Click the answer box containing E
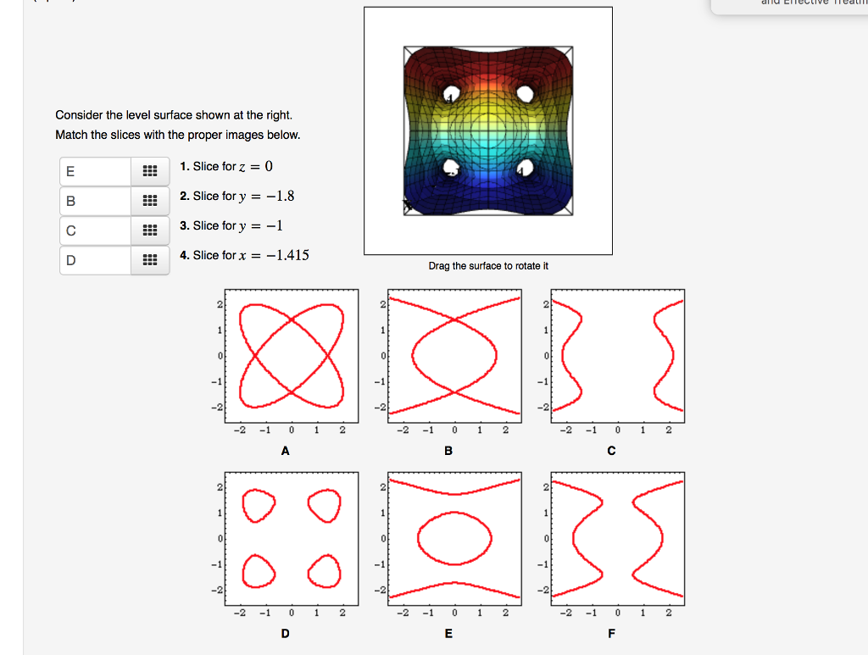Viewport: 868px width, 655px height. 95,171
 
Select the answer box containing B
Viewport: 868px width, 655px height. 95,201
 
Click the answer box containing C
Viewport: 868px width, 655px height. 95,230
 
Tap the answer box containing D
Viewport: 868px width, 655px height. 95,259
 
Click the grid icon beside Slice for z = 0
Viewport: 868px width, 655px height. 149,171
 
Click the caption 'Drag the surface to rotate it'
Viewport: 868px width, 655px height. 488,266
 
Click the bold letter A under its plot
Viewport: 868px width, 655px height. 286,452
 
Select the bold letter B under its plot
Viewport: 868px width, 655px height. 448,452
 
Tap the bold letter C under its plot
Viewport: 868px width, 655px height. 611,452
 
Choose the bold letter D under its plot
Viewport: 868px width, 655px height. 286,634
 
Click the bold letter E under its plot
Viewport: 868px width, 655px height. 448,634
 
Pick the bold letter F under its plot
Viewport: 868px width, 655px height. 611,634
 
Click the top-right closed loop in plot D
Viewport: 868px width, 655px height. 324,506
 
